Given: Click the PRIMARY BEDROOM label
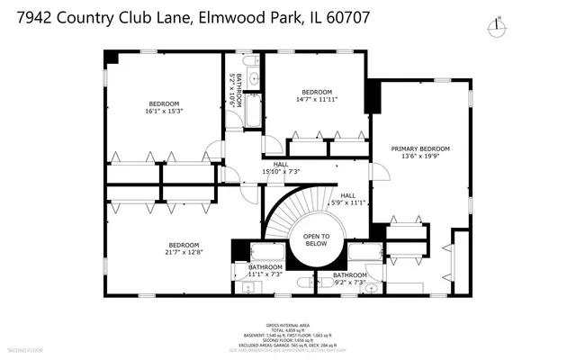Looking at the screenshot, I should point(420,148).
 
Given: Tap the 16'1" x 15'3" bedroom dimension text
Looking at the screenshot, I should point(164,112).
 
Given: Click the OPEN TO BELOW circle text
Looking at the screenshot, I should point(317,239).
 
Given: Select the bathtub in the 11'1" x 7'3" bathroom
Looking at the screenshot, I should point(267,253).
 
